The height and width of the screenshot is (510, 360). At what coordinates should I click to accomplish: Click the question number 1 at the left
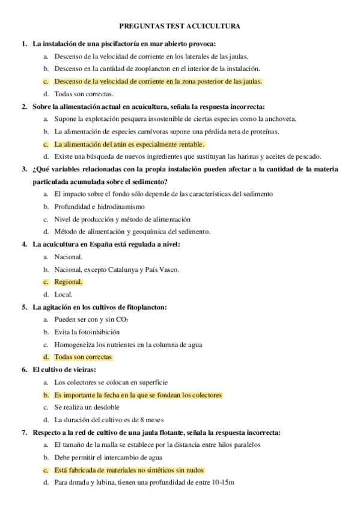click(24, 44)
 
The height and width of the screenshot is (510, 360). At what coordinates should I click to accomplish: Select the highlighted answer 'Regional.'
click(68, 281)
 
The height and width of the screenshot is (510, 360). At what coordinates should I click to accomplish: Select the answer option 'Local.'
click(63, 294)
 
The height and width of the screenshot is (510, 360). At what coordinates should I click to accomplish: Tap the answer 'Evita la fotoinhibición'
click(87, 332)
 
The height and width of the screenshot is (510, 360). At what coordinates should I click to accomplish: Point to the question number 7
click(24, 432)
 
